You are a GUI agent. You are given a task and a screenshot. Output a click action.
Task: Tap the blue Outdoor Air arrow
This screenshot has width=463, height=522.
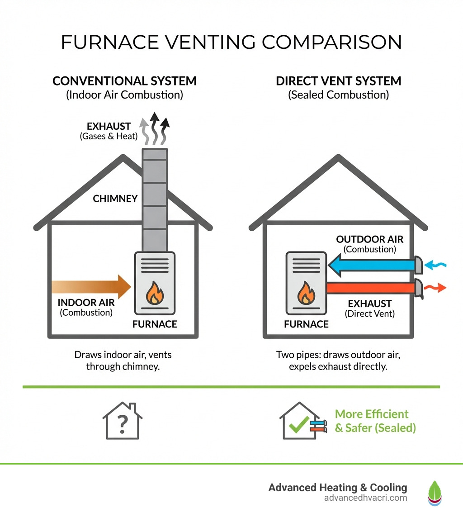[x=371, y=264]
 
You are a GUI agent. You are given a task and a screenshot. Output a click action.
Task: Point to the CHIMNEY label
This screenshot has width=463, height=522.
[x=115, y=198]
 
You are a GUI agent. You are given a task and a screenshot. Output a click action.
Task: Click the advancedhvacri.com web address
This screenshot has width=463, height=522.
[x=365, y=498]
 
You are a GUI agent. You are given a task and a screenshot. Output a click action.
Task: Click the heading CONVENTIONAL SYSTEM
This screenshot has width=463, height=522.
[x=124, y=81]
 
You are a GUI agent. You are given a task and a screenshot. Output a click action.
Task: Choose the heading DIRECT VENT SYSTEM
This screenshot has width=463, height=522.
[x=338, y=81]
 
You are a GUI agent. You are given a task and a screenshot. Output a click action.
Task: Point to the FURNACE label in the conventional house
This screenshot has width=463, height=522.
[x=155, y=324]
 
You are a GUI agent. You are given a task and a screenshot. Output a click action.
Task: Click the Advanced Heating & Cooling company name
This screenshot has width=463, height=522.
[x=337, y=488]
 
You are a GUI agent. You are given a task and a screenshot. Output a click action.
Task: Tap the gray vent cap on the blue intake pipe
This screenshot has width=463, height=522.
[x=419, y=265]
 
